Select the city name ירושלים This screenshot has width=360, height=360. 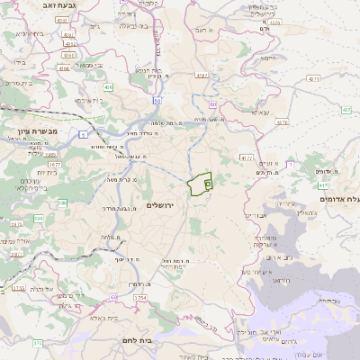pyautogui.click(x=164, y=205)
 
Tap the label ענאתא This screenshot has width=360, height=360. pyautogui.click(x=261, y=112)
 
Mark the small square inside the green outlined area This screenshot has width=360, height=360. pyautogui.click(x=208, y=183)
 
